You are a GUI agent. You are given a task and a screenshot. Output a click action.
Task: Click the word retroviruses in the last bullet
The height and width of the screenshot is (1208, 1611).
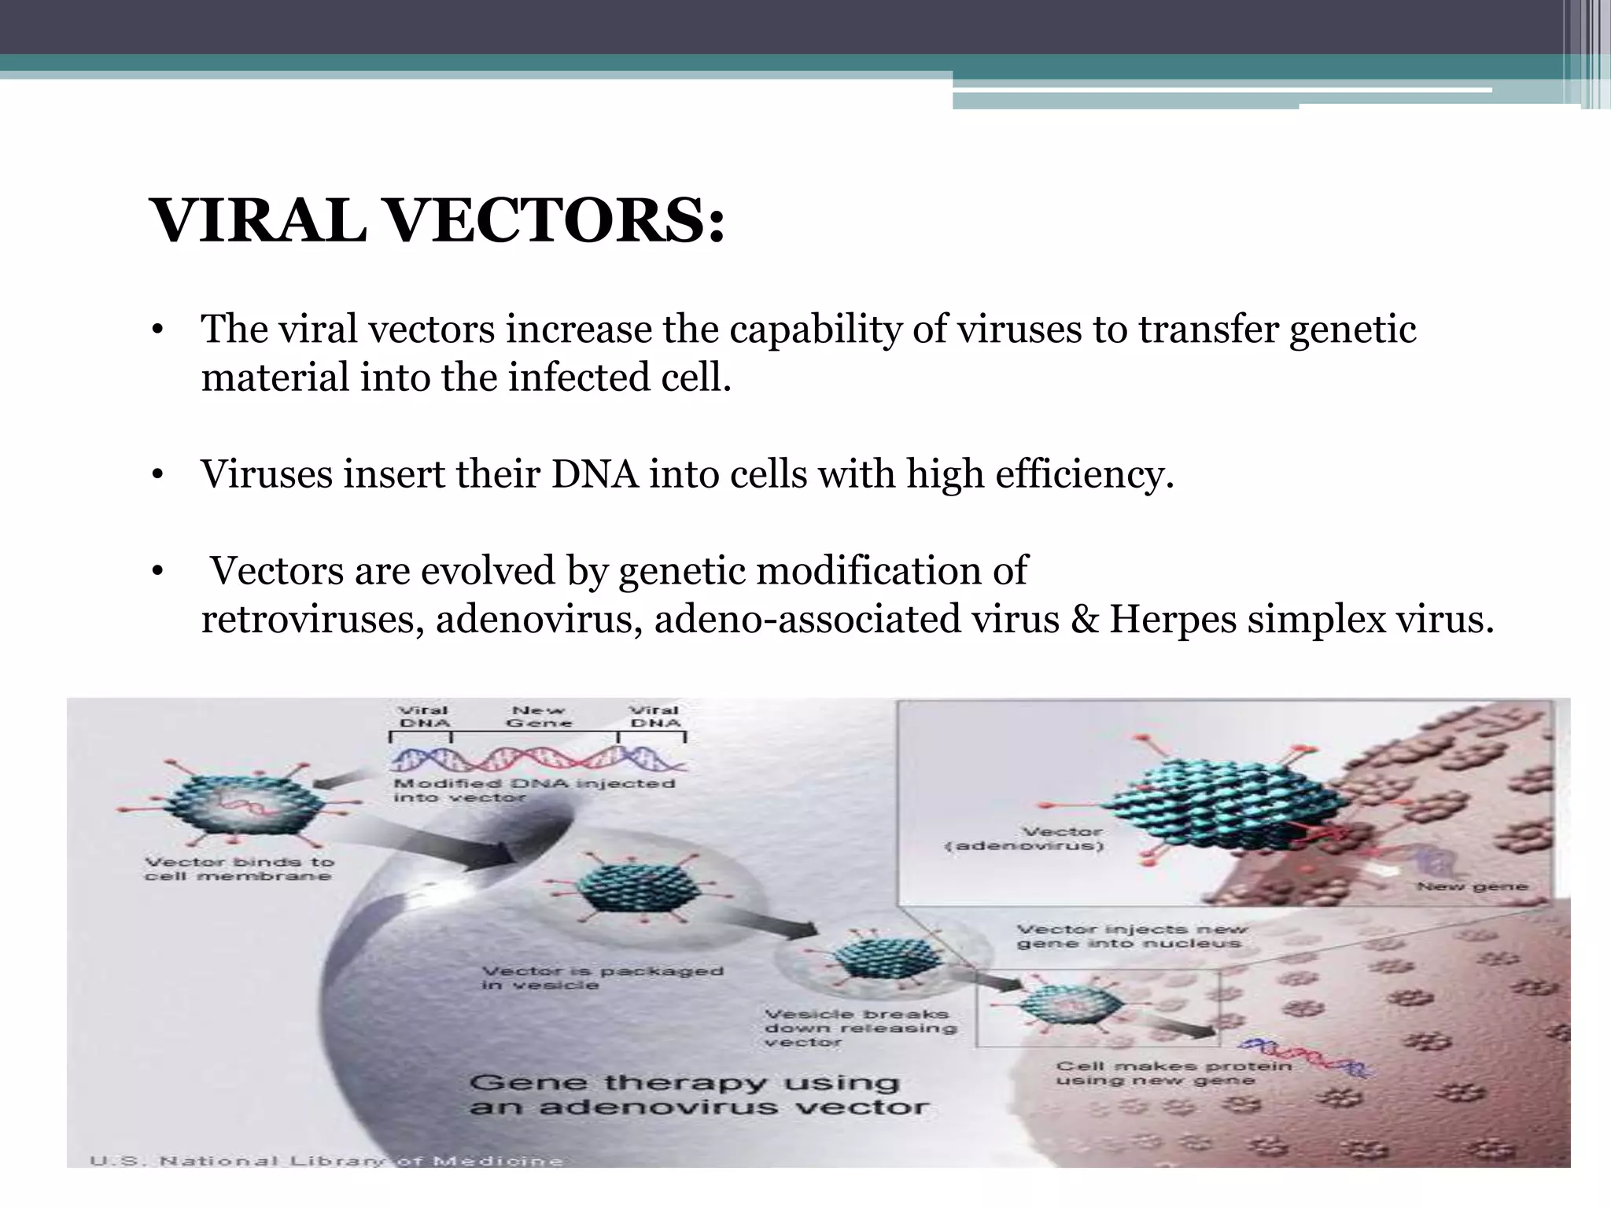tap(312, 619)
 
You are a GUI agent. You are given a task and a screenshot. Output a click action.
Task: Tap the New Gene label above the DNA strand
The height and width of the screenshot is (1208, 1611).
tap(539, 716)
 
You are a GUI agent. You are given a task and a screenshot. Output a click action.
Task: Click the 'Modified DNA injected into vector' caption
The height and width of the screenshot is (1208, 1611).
tap(533, 790)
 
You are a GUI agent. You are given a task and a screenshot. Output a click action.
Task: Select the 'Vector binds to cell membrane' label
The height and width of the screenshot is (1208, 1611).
tap(239, 869)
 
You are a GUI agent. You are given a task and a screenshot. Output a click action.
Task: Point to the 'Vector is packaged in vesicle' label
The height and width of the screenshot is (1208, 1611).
tap(602, 978)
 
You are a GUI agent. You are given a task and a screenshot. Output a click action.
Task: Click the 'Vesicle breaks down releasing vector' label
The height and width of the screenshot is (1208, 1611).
tap(860, 1028)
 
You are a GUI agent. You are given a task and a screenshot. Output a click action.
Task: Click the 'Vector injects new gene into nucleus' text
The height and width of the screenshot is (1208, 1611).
tap(1131, 936)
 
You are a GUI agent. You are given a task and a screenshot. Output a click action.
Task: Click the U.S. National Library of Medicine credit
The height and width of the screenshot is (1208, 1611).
tap(326, 1161)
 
